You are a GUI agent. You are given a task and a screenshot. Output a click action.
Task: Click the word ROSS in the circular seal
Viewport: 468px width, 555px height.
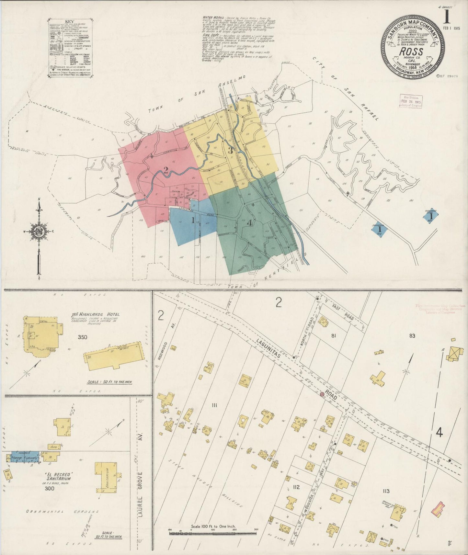[x=411, y=51]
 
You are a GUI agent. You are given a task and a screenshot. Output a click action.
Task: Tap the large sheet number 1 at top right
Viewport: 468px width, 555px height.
[x=448, y=15]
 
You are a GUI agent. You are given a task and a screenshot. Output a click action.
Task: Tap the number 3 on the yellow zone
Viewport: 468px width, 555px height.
[x=230, y=151]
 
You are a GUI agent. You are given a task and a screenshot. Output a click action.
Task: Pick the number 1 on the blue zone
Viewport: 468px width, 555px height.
[x=193, y=221]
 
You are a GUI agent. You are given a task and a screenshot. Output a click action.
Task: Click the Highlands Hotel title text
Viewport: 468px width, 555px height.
[x=96, y=314]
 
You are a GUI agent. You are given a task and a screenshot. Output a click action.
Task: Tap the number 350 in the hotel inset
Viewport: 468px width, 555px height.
[x=83, y=337]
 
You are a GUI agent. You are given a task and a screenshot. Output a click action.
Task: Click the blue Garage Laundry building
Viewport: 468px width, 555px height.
[x=25, y=456]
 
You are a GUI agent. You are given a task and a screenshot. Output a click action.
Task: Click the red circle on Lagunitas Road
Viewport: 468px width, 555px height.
[x=322, y=394]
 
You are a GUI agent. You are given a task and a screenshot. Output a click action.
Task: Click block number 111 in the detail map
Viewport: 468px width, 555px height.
[x=214, y=405]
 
